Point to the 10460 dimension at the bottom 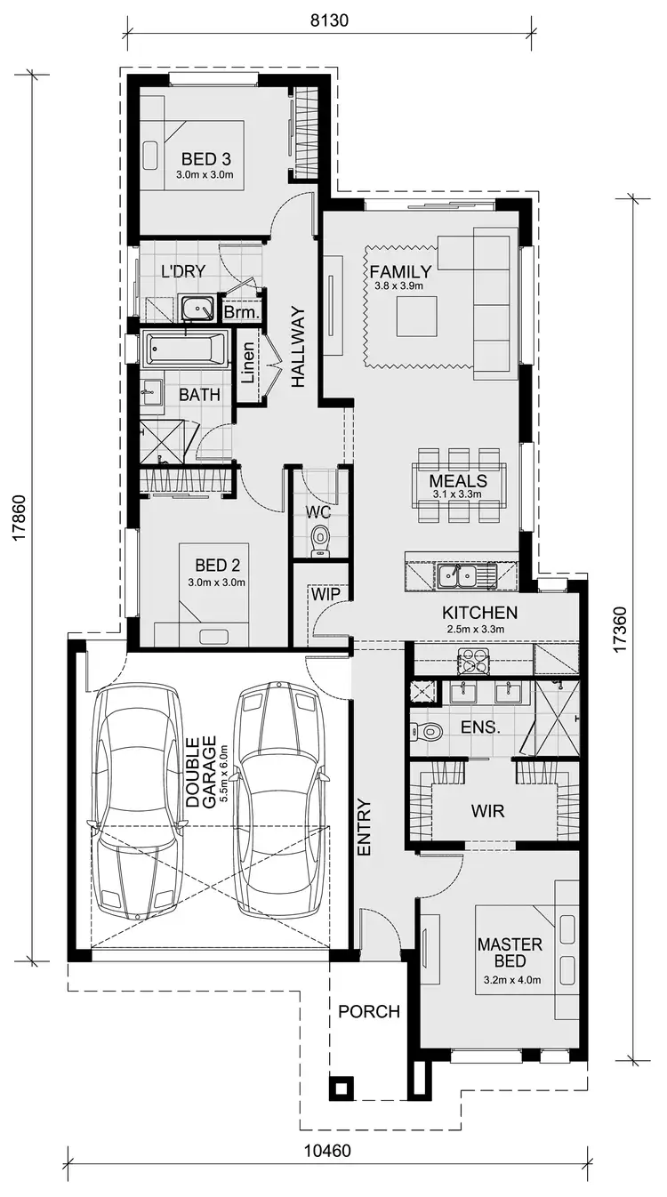(x=327, y=1151)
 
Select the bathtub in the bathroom (x=186, y=349)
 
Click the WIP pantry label (x=319, y=593)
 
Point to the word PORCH (x=369, y=1011)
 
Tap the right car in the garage (x=279, y=800)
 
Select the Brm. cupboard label (x=241, y=313)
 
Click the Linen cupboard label (x=249, y=366)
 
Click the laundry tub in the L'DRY (x=197, y=308)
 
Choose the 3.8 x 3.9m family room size (x=398, y=286)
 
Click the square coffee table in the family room (x=416, y=316)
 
